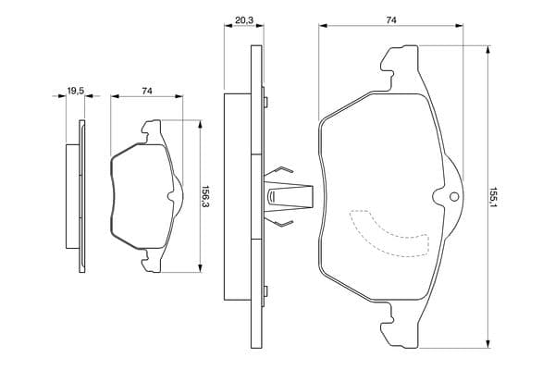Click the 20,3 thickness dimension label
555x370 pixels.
[x=244, y=20]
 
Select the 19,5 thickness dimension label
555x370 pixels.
[x=76, y=91]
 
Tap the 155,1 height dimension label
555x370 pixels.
[x=494, y=197]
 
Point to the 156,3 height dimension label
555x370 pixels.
[x=205, y=196]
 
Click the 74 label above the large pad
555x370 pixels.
[x=390, y=20]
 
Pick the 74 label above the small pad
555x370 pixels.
[x=147, y=91]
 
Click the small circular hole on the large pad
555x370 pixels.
[x=453, y=197]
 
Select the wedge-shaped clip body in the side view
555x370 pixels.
[x=289, y=196]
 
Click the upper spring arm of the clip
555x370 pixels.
[x=279, y=171]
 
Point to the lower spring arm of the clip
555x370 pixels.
[x=279, y=221]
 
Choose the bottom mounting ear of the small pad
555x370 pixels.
[x=152, y=261]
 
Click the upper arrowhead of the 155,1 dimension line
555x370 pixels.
[x=488, y=50]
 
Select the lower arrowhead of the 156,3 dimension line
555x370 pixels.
[x=201, y=268]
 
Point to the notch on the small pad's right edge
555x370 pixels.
[x=171, y=196]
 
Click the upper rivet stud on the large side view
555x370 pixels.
[x=265, y=102]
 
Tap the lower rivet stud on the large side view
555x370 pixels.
[x=265, y=291]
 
